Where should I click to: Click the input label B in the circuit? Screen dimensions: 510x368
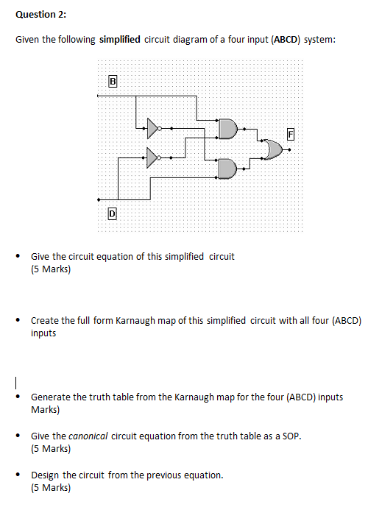coord(112,81)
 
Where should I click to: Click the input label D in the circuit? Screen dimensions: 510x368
coord(112,213)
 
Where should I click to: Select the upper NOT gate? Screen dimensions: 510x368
coord(152,128)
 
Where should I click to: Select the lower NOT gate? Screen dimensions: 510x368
coord(152,157)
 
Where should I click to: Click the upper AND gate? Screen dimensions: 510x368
coord(227,130)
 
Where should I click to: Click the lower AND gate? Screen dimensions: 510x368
coord(227,169)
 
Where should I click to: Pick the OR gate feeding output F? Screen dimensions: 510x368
coord(274,149)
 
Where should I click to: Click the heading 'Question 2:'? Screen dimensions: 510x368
coord(35,15)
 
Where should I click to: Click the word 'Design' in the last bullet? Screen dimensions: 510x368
coord(45,475)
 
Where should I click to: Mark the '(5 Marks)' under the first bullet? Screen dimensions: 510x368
coord(51,269)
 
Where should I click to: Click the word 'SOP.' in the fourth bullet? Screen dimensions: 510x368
coord(291,436)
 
